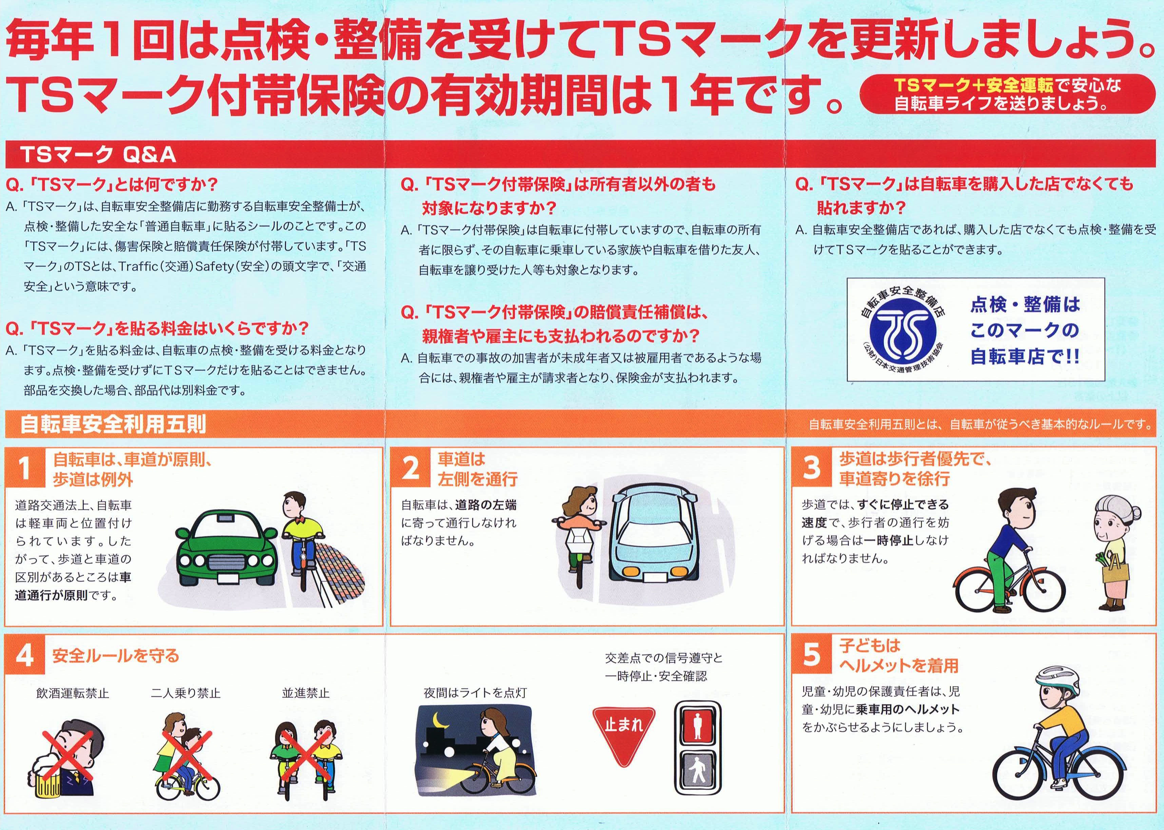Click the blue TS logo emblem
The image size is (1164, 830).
point(903,330)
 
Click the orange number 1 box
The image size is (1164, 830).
point(25,469)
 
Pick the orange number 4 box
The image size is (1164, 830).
point(25,655)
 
